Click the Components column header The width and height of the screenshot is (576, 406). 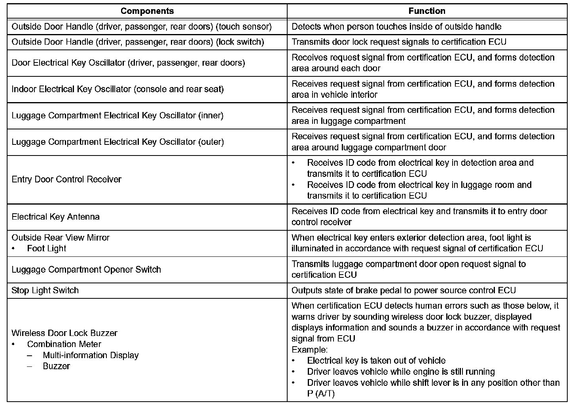(x=147, y=11)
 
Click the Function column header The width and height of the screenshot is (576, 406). (x=427, y=11)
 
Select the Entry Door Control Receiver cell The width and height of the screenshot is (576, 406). (x=66, y=180)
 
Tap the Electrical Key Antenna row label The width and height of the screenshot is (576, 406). (x=55, y=217)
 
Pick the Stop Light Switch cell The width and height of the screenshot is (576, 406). (x=45, y=290)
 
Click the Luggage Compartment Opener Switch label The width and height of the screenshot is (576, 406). (x=86, y=270)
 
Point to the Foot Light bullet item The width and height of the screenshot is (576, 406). (x=46, y=249)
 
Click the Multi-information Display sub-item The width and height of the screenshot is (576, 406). (x=91, y=355)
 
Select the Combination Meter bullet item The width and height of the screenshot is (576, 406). (x=64, y=344)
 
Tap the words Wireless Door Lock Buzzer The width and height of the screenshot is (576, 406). (x=64, y=333)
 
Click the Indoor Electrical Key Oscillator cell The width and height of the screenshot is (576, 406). (x=117, y=89)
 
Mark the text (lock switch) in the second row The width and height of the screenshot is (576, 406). (x=241, y=42)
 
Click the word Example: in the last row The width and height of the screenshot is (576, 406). (x=310, y=350)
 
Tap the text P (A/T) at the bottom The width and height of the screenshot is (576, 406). (x=321, y=394)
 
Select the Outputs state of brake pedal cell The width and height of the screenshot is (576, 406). (x=404, y=290)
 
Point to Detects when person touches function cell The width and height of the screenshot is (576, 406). (x=396, y=27)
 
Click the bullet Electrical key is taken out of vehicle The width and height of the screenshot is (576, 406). (x=376, y=361)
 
